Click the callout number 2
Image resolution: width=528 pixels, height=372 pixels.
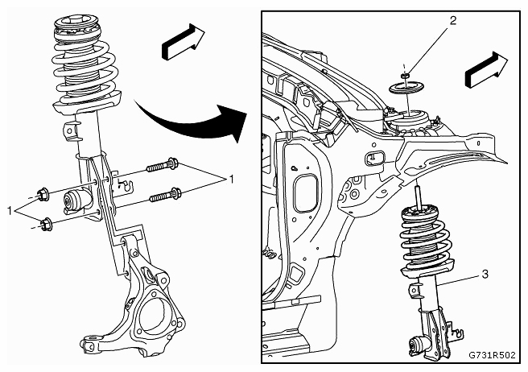coord(453,21)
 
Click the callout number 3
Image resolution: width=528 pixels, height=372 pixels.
coord(485,275)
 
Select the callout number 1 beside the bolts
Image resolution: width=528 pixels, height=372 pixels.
coord(231,180)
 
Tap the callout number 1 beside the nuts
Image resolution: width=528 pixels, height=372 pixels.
coord(10,211)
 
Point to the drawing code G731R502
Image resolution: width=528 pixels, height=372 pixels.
coord(492,355)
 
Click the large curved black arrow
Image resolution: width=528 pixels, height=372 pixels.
coord(188,125)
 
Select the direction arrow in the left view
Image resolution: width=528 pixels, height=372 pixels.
coord(184,41)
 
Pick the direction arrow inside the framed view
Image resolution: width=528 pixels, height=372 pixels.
coord(486,70)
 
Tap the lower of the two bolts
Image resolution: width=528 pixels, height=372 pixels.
coord(166,195)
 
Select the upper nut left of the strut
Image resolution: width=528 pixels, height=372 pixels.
coord(43,194)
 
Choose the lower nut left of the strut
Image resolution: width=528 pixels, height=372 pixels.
coord(45,225)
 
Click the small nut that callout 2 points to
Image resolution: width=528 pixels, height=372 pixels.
coord(406,75)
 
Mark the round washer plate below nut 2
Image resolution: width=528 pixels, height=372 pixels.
coord(406,89)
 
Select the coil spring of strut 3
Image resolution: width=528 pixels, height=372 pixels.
coord(423,242)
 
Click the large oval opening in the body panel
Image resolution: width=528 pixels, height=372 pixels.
coord(306,193)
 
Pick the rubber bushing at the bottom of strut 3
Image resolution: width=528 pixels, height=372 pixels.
coord(417,346)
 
